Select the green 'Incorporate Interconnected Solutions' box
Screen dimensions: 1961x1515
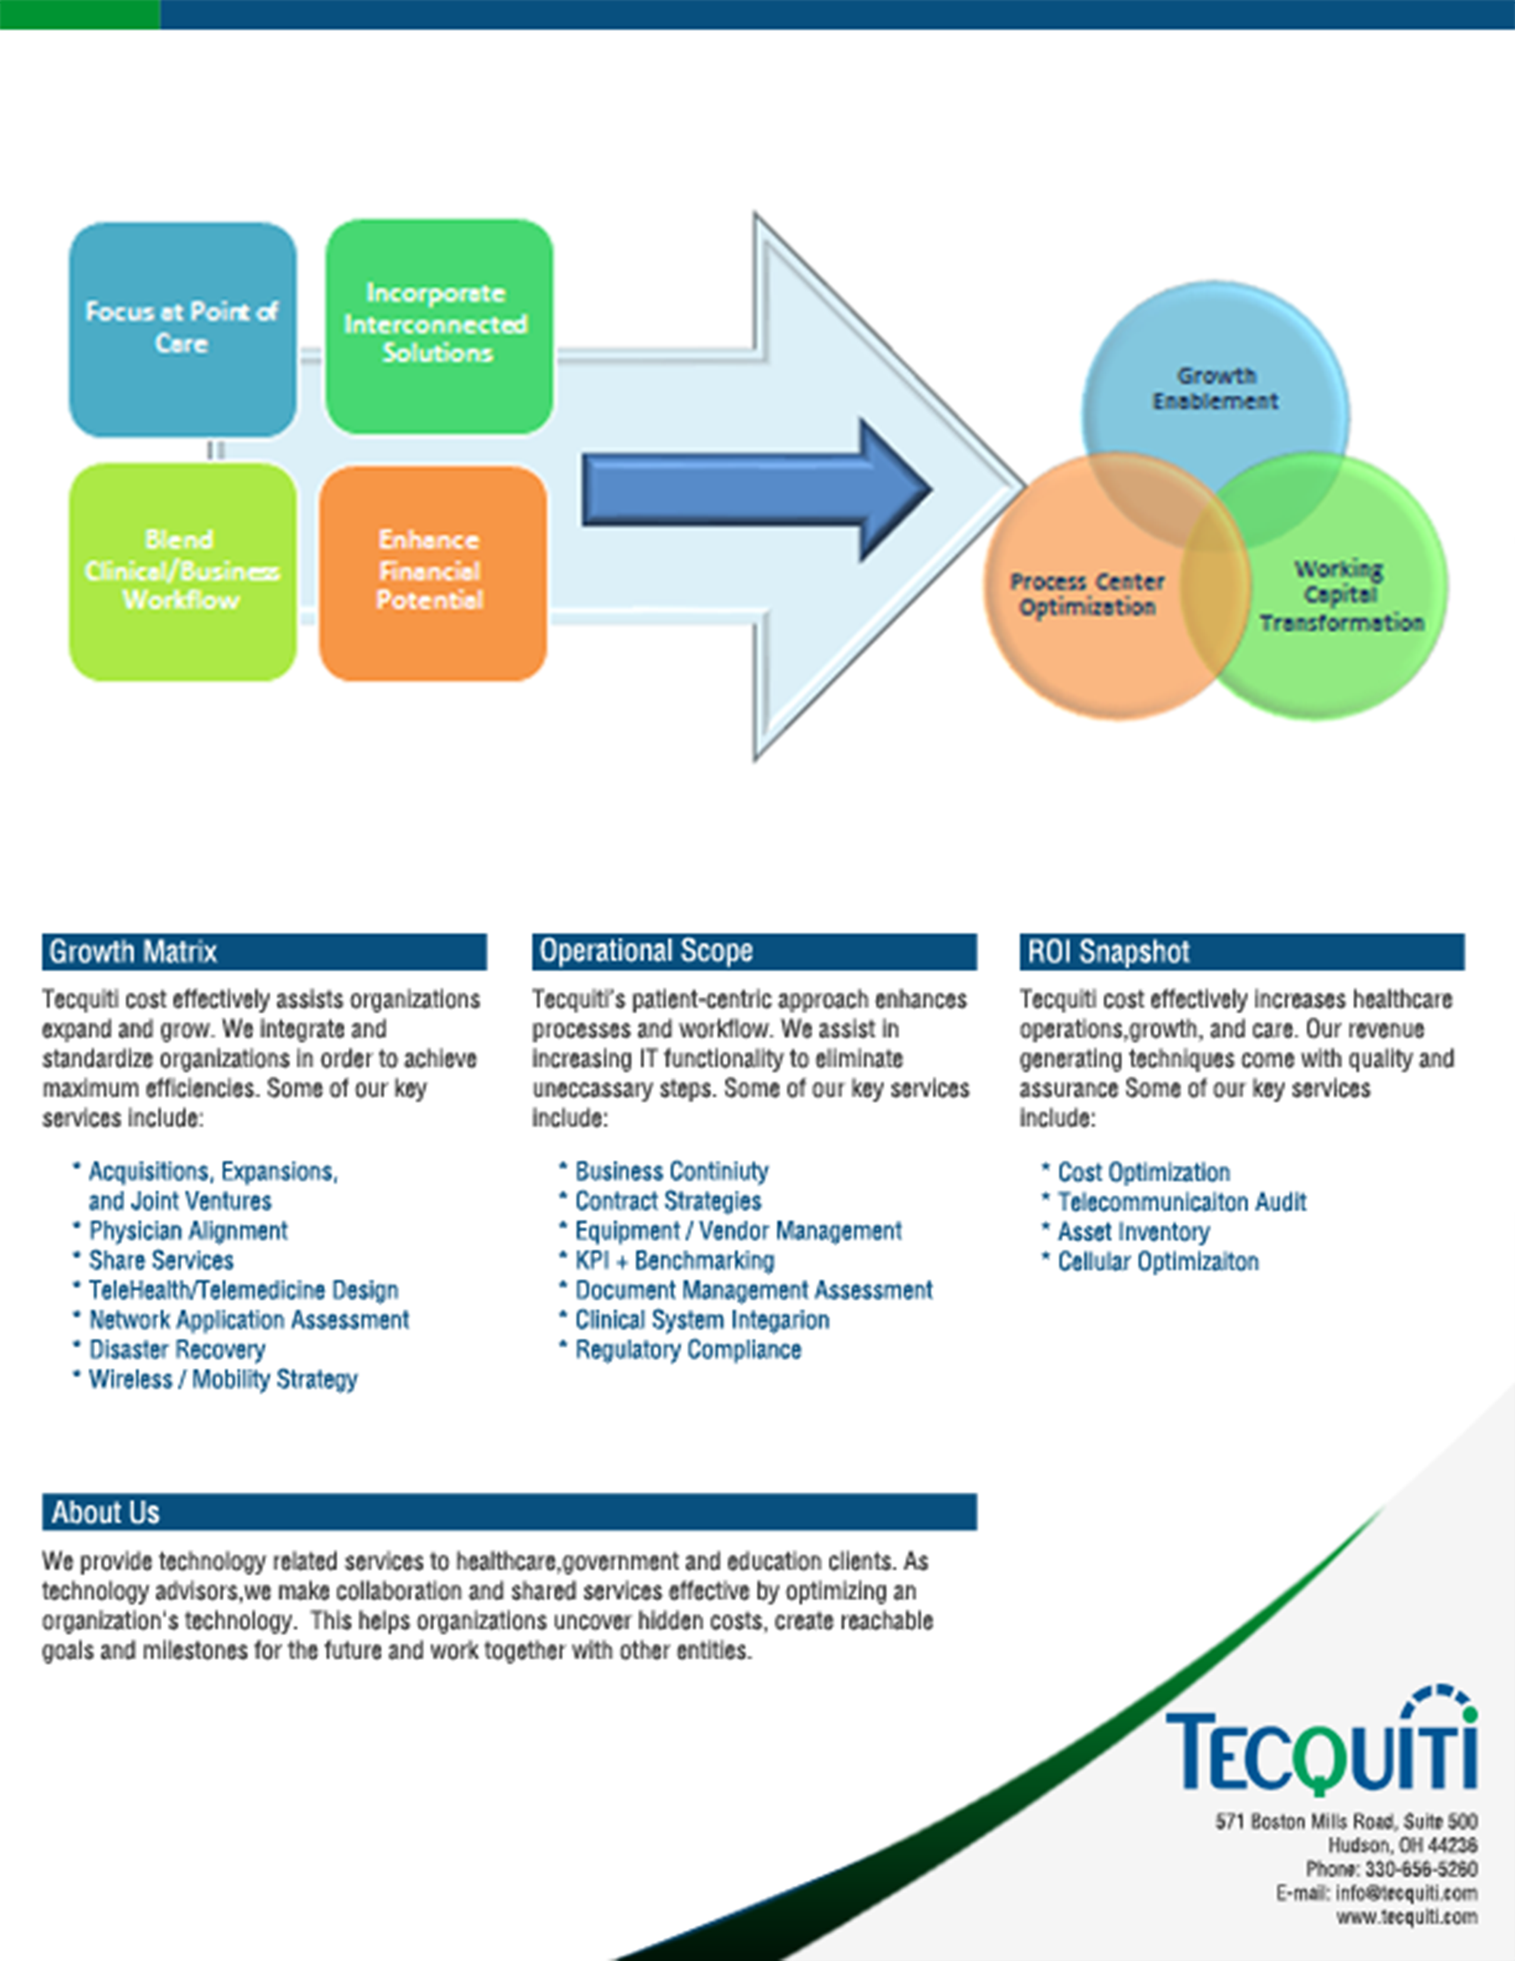(x=438, y=325)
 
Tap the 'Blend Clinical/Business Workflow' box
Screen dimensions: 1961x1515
(x=182, y=571)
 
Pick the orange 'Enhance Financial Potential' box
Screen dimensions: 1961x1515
(x=432, y=571)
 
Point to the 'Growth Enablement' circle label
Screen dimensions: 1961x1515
(x=1215, y=388)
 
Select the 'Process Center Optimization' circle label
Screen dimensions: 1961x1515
(x=1087, y=594)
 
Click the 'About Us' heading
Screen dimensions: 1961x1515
(x=105, y=1512)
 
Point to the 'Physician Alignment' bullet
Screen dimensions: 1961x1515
(x=188, y=1230)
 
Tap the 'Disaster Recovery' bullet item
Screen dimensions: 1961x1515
(x=177, y=1350)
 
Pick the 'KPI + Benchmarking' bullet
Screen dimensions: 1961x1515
(x=674, y=1260)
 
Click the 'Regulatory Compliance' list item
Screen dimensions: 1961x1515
(x=687, y=1350)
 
